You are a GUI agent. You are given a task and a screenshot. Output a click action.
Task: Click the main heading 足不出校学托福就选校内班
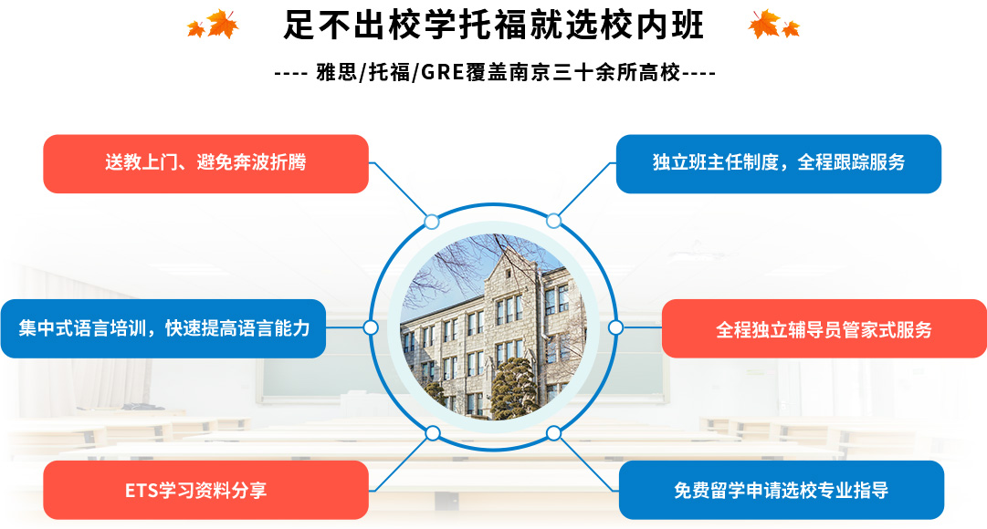[x=493, y=26]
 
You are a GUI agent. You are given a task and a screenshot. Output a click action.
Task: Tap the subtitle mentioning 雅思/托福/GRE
[x=495, y=73]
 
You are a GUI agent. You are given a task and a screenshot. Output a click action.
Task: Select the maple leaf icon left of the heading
[x=214, y=25]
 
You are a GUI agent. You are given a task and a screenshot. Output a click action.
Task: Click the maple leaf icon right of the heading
[x=773, y=25]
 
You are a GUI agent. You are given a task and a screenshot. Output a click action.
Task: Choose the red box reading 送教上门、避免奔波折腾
[x=205, y=163]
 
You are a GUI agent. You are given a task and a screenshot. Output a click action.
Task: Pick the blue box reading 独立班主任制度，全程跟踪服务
[x=779, y=163]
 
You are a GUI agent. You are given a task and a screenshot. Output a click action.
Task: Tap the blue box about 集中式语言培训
[x=163, y=328]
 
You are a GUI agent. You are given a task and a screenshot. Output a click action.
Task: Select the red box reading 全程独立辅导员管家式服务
[x=824, y=328]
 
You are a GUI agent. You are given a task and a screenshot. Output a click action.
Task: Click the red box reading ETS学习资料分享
[x=205, y=490]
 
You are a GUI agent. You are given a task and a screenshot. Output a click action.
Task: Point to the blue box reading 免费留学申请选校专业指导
[x=782, y=490]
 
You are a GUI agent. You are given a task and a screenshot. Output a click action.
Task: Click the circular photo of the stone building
[x=493, y=327]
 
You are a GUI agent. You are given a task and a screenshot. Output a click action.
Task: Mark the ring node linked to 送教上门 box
[x=432, y=222]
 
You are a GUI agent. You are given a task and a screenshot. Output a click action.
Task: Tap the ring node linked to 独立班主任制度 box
[x=553, y=221]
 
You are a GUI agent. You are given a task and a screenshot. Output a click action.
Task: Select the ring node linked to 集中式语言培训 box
[x=371, y=327]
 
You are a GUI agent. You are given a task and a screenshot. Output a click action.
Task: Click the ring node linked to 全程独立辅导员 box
[x=615, y=327]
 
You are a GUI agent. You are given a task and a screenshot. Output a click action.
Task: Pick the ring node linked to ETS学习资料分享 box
[x=433, y=432]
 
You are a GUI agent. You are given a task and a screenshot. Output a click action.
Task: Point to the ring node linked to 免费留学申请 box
[x=554, y=432]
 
